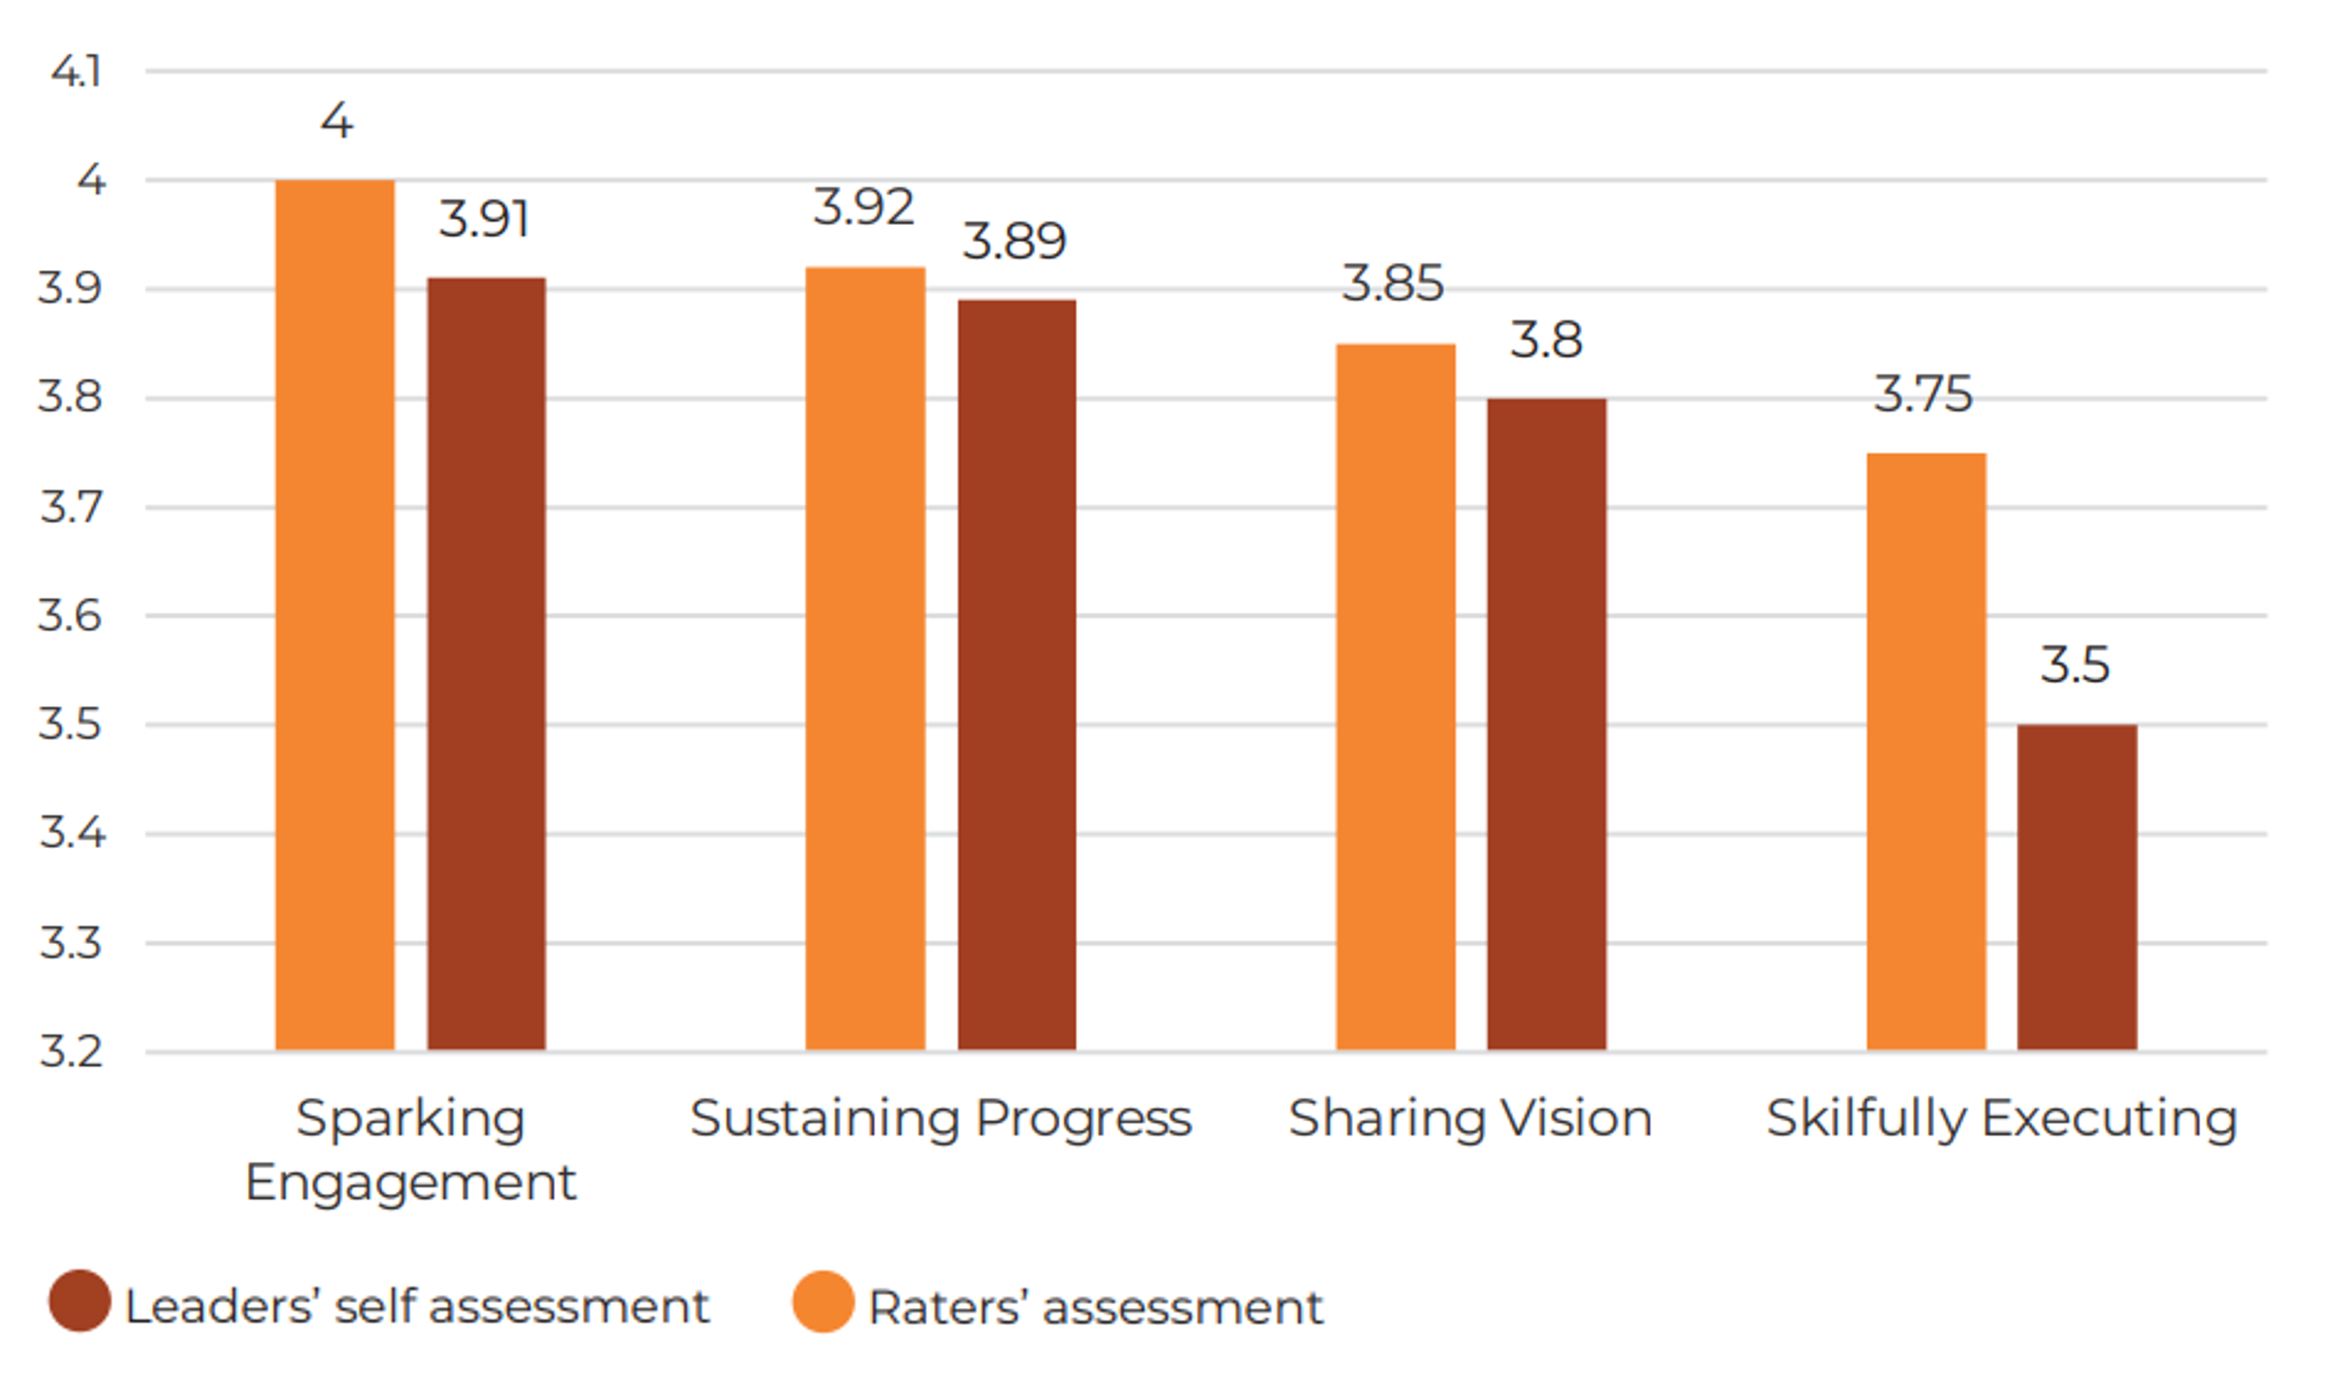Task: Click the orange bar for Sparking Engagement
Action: pos(335,615)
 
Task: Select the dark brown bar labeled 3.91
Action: pos(486,663)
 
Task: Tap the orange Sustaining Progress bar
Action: pos(866,658)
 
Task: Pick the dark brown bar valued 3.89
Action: pos(1017,674)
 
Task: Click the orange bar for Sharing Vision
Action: pos(1396,697)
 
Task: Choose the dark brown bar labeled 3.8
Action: pos(1547,724)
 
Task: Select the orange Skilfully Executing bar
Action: pos(1927,751)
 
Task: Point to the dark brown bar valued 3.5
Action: pos(2078,887)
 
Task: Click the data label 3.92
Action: pos(863,208)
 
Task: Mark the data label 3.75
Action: pos(1923,393)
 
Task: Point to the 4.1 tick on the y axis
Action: pos(77,72)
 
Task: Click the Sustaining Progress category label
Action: pos(941,1119)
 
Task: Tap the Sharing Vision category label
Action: pos(1470,1119)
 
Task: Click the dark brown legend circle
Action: pos(80,1301)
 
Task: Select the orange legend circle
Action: pos(823,1302)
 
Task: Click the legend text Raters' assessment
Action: pos(1095,1307)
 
